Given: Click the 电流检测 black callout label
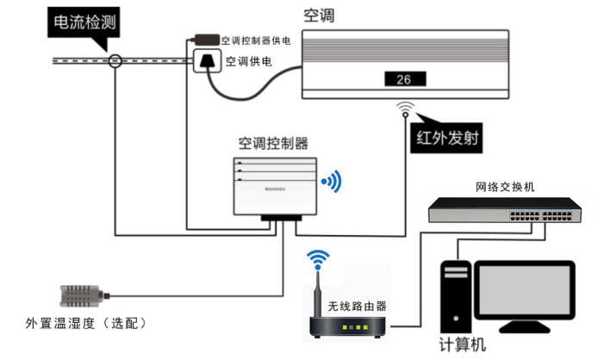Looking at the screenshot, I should pyautogui.click(x=83, y=26).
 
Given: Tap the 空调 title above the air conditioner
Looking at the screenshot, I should pyautogui.click(x=318, y=16).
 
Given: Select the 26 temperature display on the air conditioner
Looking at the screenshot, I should pyautogui.click(x=403, y=80).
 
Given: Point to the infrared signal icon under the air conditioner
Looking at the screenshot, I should pyautogui.click(x=406, y=109).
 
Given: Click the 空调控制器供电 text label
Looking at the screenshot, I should pyautogui.click(x=255, y=40).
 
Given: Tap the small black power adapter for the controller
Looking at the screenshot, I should pyautogui.click(x=206, y=39).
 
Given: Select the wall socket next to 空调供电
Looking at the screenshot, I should pyautogui.click(x=207, y=62).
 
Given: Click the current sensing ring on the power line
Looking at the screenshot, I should pyautogui.click(x=115, y=61).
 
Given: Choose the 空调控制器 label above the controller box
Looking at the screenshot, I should pyautogui.click(x=273, y=141).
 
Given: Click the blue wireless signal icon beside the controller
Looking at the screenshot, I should pyautogui.click(x=332, y=181).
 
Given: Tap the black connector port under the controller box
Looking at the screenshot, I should pyautogui.click(x=280, y=220).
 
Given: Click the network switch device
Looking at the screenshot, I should pyautogui.click(x=504, y=210).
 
